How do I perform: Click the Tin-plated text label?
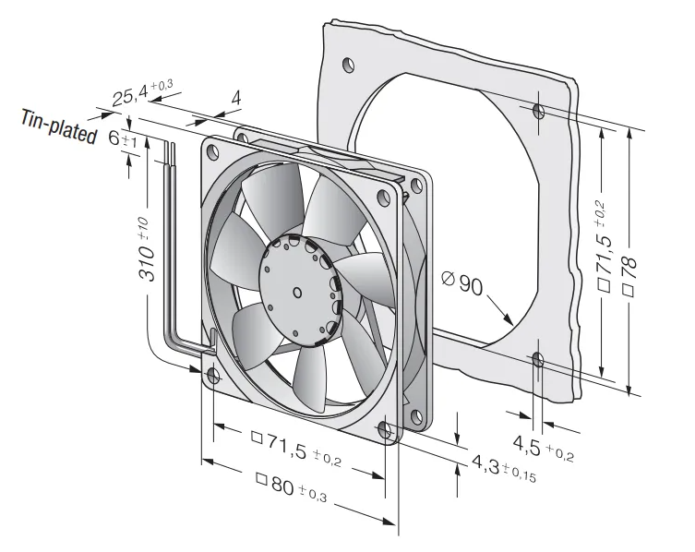point(59,126)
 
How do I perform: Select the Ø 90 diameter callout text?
point(461,282)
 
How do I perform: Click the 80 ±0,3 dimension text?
point(292,486)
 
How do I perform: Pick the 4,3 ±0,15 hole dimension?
point(504,469)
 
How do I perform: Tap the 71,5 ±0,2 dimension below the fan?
point(296,449)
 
